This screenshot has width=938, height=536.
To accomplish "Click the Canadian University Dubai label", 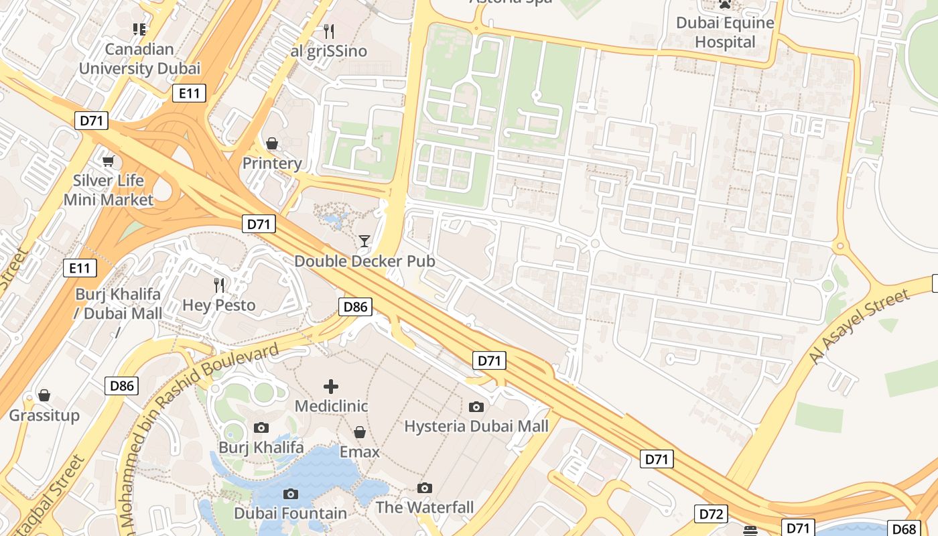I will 139,59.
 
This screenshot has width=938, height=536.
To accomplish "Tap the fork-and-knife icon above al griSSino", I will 328,31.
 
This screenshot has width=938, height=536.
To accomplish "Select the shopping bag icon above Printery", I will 272,143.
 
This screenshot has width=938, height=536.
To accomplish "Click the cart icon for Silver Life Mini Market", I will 108,161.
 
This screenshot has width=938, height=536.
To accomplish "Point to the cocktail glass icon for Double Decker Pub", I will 364,241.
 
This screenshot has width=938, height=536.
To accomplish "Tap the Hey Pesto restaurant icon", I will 219,285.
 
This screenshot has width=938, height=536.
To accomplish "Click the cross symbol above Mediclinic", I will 331,387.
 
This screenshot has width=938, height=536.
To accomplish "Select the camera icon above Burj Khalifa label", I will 261,427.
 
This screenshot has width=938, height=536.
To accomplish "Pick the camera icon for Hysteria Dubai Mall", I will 476,407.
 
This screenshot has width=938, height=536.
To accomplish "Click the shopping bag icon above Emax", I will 360,432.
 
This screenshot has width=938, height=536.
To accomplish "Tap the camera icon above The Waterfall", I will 424,488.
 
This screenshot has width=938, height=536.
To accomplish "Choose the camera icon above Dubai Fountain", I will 290,494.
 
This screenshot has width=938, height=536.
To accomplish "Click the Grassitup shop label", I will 44,415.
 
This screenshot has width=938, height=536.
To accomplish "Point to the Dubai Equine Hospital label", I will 725,33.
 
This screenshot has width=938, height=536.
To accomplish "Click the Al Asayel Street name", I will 860,326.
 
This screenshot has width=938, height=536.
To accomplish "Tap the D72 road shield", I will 710,514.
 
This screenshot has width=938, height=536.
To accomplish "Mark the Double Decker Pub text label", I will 364,261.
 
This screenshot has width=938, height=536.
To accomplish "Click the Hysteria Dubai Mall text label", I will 476,426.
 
